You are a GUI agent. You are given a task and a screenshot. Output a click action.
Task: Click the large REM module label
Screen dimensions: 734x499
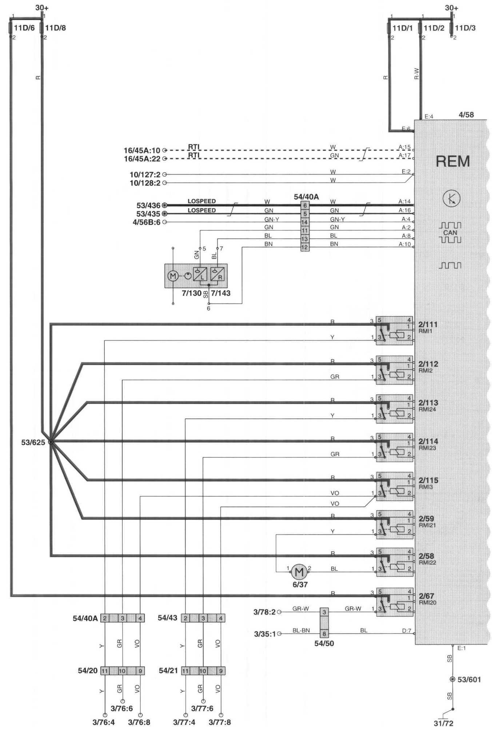point(453,161)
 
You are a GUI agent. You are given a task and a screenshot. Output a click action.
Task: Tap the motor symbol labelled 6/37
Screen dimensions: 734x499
point(299,572)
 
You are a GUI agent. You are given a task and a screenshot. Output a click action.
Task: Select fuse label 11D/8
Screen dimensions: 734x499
point(56,28)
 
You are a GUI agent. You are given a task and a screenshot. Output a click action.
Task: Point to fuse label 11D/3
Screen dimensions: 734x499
point(465,28)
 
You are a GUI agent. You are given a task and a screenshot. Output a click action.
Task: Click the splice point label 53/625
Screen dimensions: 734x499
point(33,443)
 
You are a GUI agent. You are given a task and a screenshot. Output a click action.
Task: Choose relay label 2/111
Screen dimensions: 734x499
point(428,324)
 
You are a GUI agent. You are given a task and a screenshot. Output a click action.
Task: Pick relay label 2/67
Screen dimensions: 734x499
point(427,596)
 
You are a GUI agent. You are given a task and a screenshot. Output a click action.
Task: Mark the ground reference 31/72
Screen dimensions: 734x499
point(444,723)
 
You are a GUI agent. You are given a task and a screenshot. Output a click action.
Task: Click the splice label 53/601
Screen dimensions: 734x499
point(469,679)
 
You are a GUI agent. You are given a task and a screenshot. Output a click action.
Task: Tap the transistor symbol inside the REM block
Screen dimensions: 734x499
point(452,198)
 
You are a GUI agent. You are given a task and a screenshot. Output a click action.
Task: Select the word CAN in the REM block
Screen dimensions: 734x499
point(450,233)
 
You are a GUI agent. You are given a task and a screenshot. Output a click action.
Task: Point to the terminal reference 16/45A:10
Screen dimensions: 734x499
point(142,150)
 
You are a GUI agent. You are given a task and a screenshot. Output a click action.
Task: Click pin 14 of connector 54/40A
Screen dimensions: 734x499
point(305,222)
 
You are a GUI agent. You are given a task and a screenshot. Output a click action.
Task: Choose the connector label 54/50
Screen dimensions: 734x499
point(324,644)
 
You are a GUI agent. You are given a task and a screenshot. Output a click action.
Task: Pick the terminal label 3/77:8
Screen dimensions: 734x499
point(220,722)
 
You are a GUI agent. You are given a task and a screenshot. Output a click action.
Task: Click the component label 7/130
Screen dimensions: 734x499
point(191,293)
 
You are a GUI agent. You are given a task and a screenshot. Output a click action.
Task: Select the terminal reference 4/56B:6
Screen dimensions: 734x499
point(147,222)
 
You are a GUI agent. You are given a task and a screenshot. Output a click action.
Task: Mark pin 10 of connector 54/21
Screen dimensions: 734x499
point(203,671)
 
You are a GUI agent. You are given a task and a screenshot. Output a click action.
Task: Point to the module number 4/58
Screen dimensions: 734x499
point(466,115)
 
